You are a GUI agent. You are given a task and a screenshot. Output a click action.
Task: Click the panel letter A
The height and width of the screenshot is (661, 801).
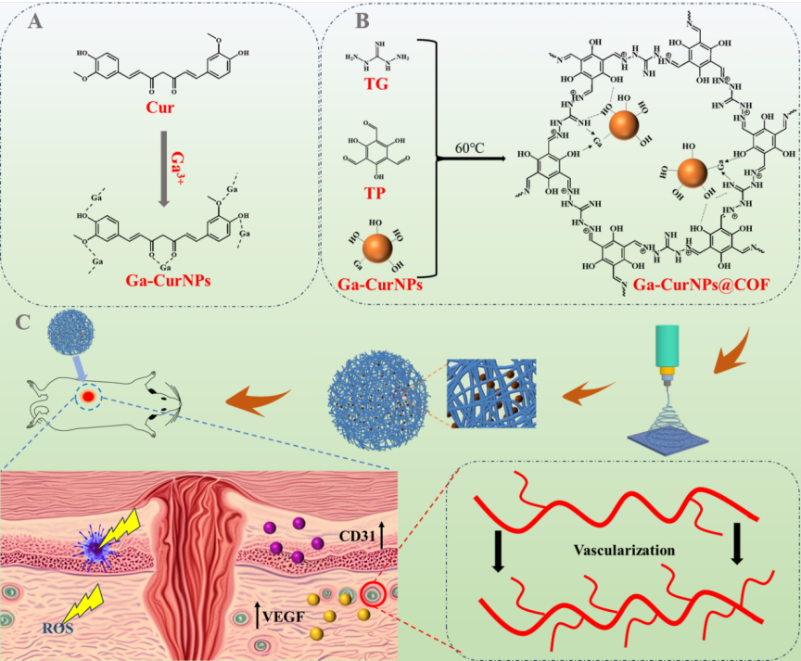click(36, 23)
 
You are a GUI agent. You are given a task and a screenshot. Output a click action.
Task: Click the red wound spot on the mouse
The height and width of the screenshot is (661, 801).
click(87, 397)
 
